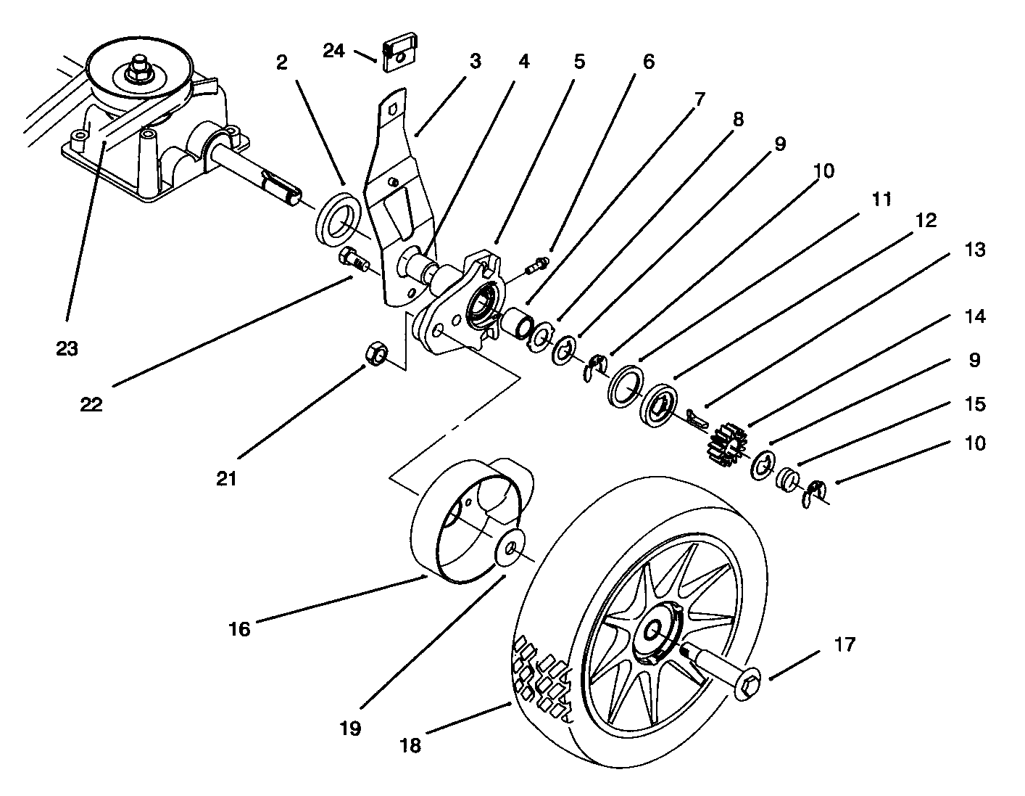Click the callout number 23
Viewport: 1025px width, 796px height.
pos(67,348)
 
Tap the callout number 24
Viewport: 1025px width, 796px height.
pos(335,52)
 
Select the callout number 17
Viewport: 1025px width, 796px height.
pos(845,644)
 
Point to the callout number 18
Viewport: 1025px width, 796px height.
pos(410,745)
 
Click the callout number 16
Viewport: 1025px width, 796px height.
pos(239,629)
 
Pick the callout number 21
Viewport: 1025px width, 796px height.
pos(228,480)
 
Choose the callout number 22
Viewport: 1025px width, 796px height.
pos(91,404)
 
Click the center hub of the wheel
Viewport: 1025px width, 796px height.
pos(656,631)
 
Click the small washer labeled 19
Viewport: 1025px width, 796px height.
pos(510,548)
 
